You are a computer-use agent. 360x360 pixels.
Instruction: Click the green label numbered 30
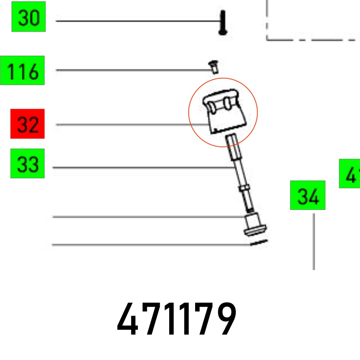pyautogui.click(x=28, y=17)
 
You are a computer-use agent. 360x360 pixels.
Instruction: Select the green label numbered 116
pyautogui.click(x=22, y=71)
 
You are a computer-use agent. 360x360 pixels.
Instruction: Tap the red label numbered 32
pyautogui.click(x=28, y=124)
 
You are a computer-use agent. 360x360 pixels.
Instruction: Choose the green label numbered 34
pyautogui.click(x=308, y=195)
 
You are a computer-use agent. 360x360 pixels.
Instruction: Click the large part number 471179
pyautogui.click(x=177, y=319)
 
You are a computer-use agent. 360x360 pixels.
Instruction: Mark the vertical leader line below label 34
pyautogui.click(x=314, y=241)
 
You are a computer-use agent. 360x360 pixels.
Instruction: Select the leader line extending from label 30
pyautogui.click(x=137, y=21)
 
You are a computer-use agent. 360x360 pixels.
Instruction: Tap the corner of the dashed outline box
pyautogui.click(x=267, y=40)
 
